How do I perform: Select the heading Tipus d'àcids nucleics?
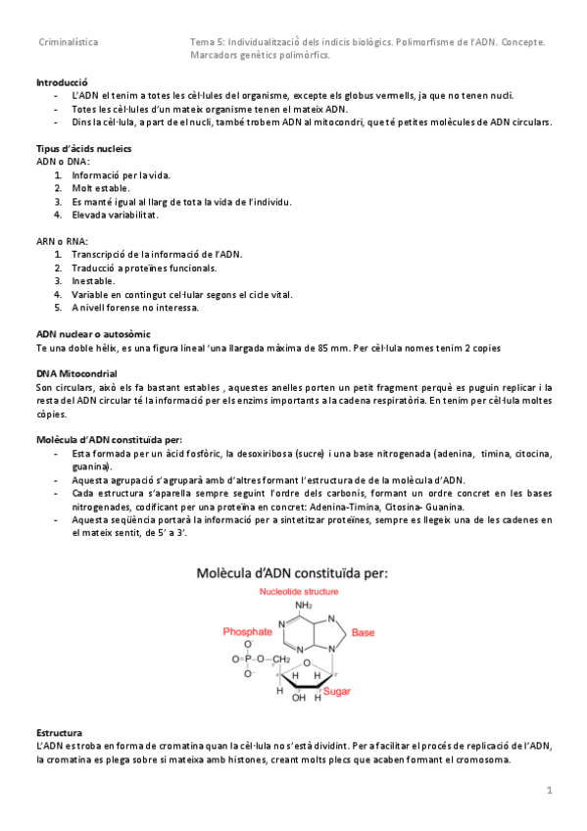(x=83, y=148)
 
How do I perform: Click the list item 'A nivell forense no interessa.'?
(x=135, y=307)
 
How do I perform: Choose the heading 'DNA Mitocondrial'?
(x=76, y=374)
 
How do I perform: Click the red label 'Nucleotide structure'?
(x=299, y=592)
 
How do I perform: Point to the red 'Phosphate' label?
(x=247, y=632)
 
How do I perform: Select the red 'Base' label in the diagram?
(x=363, y=632)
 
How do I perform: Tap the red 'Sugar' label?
(x=338, y=691)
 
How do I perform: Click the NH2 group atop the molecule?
(x=303, y=606)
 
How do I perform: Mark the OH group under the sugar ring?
(x=299, y=698)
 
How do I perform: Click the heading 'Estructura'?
(x=59, y=733)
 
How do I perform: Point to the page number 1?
(x=550, y=790)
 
